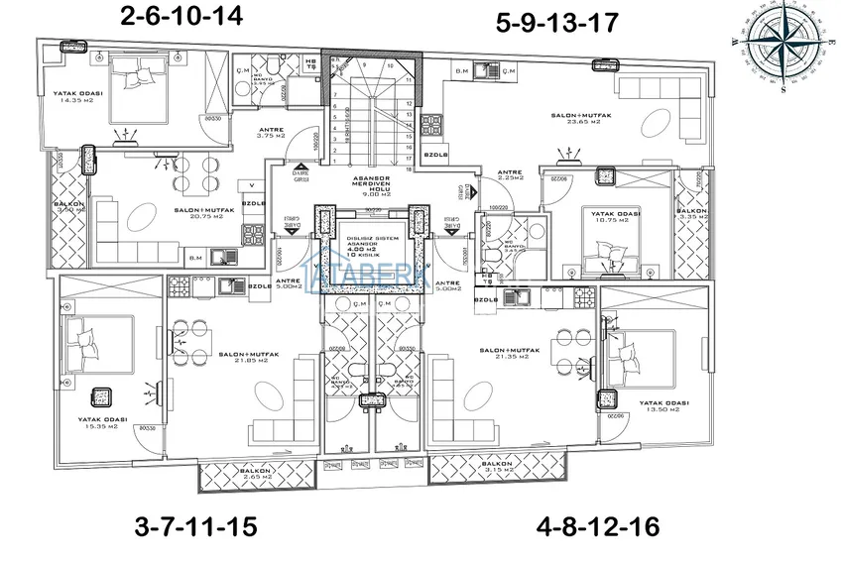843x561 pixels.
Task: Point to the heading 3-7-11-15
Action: pyautogui.click(x=194, y=526)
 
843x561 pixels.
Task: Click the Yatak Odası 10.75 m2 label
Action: pyautogui.click(x=614, y=215)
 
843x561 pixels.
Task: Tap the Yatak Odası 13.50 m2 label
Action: pyautogui.click(x=664, y=406)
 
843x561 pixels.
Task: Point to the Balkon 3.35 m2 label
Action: pyautogui.click(x=691, y=215)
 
